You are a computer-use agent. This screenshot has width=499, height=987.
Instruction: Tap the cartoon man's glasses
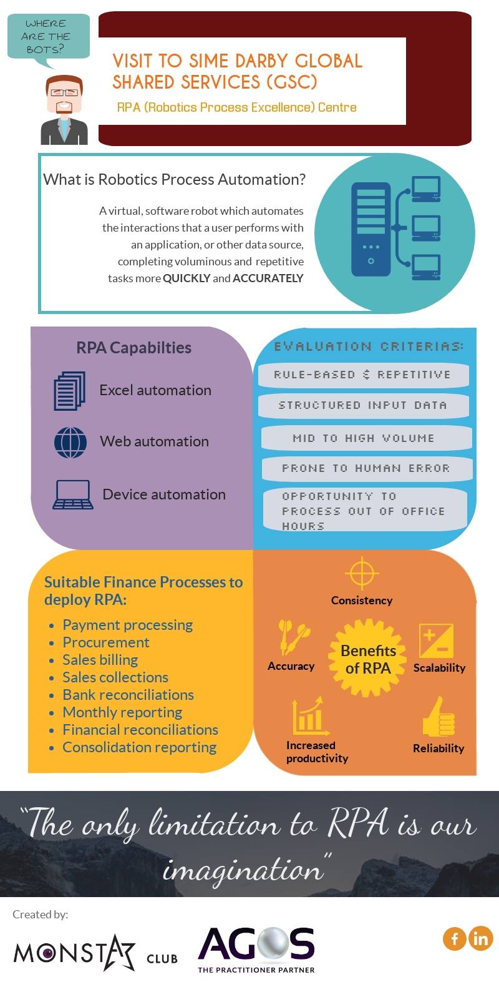tap(64, 92)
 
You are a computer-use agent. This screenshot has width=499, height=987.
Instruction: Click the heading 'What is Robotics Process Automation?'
tap(175, 179)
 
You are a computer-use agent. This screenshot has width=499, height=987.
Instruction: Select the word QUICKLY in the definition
tap(187, 278)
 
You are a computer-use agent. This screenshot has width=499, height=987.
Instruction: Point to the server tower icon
tap(371, 229)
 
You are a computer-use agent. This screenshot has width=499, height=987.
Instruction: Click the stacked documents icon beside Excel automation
tap(70, 391)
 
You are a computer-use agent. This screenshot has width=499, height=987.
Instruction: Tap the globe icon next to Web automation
tap(70, 443)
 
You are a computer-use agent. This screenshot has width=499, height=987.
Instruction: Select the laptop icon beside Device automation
tap(73, 495)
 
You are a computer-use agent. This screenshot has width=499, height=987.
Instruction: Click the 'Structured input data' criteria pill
tap(364, 405)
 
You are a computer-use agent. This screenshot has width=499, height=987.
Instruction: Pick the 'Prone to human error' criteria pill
tap(367, 468)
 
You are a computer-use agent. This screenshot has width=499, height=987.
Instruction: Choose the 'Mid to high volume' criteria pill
tap(366, 438)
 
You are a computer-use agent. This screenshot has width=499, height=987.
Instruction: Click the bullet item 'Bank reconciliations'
tap(128, 695)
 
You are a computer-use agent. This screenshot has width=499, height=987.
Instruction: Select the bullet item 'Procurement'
tap(105, 642)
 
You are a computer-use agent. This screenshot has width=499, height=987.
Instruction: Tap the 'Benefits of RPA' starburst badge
tap(368, 658)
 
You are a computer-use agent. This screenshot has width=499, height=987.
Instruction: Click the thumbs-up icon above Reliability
tap(438, 717)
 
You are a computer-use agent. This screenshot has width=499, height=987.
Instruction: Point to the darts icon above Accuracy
tap(293, 637)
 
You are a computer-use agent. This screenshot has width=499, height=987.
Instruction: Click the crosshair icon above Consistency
tap(362, 573)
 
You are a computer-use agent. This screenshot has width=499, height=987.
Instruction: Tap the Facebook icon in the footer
tap(455, 938)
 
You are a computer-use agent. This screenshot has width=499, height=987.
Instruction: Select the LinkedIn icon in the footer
tap(480, 938)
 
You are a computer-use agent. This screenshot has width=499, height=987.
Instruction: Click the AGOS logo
tap(256, 949)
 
